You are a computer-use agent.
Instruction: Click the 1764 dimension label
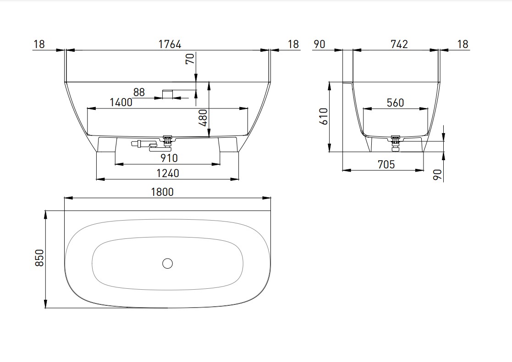[x=170, y=44]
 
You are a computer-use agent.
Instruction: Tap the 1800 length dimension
[x=162, y=192]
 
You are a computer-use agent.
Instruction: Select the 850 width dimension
[x=39, y=258]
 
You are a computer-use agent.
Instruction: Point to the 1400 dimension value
[x=121, y=103]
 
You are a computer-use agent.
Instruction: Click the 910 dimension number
[x=169, y=158]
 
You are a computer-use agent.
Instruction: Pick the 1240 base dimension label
[x=168, y=173]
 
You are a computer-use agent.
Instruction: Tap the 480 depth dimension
[x=203, y=118]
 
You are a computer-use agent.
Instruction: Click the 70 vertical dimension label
[x=190, y=59]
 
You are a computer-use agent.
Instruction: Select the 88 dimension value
[x=139, y=92]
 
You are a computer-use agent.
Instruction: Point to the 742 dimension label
[x=399, y=44]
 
